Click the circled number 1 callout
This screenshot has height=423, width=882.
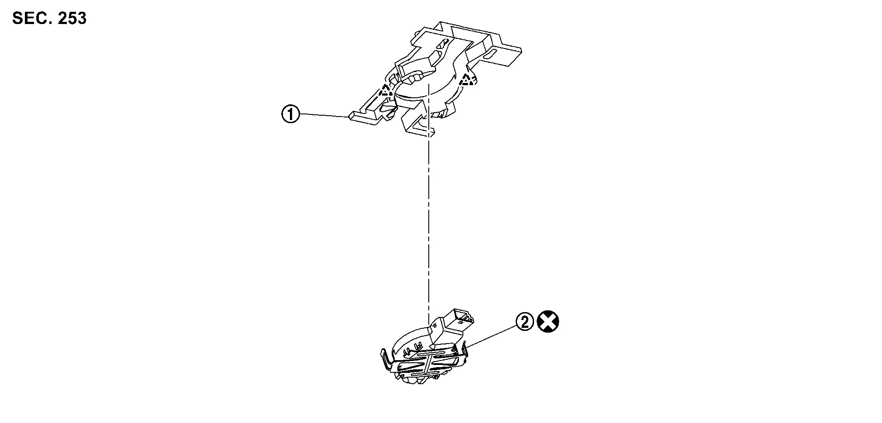coord(290,114)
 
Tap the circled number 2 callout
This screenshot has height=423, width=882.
coord(525,322)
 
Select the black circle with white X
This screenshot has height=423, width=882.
coord(548,322)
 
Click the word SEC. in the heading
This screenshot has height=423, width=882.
coord(29,18)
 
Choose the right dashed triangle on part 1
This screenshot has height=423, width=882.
coord(468,79)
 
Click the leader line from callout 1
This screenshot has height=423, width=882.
coord(324,115)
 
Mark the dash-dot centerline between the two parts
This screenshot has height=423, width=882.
coord(429,210)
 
